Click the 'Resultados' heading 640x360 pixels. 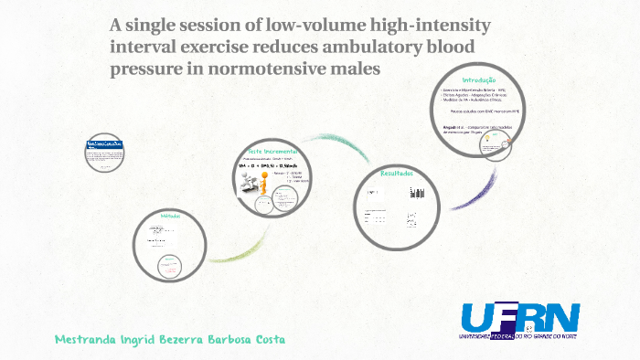[397, 174]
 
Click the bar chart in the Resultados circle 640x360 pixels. [417, 193]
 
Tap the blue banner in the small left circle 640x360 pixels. [103, 145]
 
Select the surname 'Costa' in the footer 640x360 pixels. [265, 340]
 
